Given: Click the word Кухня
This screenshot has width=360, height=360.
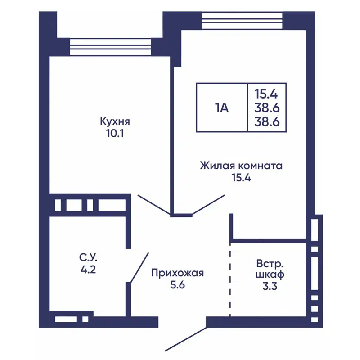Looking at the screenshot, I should click(x=115, y=121).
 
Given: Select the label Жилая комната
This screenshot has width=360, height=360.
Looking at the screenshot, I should click(x=241, y=166).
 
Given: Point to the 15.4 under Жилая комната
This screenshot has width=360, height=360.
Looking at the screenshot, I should click(x=241, y=177).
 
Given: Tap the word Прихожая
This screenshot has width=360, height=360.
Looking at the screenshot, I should click(x=178, y=273).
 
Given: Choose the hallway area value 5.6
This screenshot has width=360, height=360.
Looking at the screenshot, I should click(x=178, y=284).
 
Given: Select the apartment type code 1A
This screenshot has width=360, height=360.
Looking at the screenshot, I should click(x=222, y=108).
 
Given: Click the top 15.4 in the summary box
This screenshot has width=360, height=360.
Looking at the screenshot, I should click(x=267, y=94).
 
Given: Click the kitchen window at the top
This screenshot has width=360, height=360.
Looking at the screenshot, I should click(x=111, y=46).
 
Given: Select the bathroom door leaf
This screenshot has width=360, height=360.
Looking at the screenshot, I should click(x=139, y=268).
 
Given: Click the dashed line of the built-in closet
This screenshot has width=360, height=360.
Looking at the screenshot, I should click(x=230, y=279).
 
